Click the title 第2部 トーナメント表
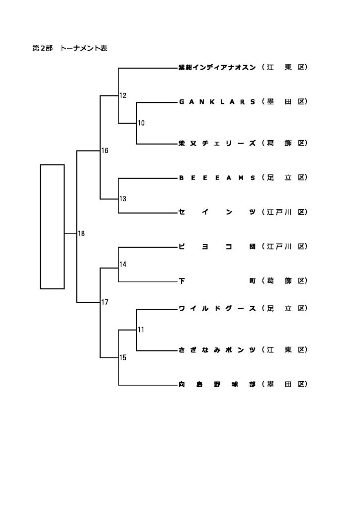click(70, 49)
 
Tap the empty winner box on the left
click(52, 226)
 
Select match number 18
click(82, 234)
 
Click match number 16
click(105, 151)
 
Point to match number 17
click(105, 302)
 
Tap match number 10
click(141, 123)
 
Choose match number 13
click(123, 199)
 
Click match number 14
click(123, 264)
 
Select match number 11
click(141, 330)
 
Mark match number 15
click(123, 357)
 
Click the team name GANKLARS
click(217, 102)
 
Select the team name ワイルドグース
click(217, 309)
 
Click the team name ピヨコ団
click(217, 247)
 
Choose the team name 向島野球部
click(217, 384)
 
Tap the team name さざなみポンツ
click(217, 350)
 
